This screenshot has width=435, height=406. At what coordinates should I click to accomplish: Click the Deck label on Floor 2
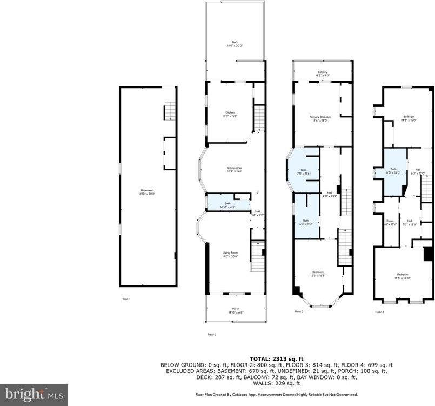coord(235,43)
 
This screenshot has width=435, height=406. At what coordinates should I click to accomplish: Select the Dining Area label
coord(235,169)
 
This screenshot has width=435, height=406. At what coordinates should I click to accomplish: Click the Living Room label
coord(230,254)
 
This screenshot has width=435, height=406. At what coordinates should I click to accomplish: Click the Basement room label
coord(147,191)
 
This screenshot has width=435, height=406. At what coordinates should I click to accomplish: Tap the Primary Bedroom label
coord(320,118)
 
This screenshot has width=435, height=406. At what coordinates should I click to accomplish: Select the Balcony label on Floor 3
coord(323,74)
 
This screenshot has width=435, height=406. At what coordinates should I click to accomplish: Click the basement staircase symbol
coord(170,111)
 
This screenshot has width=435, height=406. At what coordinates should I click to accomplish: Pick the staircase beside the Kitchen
coord(260,117)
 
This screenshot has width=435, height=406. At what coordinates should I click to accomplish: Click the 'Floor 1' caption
coord(126,298)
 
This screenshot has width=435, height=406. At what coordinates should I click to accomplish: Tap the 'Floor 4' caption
coord(380,312)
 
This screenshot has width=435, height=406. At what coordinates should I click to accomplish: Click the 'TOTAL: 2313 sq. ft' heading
coord(277,359)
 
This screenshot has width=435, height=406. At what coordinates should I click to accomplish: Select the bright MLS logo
coord(34,394)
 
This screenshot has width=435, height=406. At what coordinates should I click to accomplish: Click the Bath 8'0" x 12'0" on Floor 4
coord(393,171)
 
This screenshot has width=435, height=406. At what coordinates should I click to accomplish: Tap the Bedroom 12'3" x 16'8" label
coord(318,274)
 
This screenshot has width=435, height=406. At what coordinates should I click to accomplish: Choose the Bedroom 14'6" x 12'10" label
coord(403,276)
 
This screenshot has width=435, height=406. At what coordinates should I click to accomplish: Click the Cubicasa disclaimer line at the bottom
coord(277,395)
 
